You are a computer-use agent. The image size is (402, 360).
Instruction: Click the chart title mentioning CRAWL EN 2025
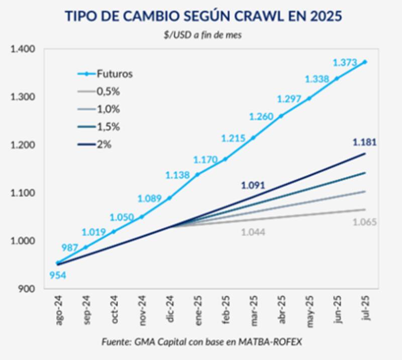click(204, 16)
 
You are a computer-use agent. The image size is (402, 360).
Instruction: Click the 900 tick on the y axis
click(27, 289)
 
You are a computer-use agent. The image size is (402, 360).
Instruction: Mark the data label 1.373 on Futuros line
click(345, 63)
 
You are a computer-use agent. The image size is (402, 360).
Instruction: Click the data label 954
click(57, 275)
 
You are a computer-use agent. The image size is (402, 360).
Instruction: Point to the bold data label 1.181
click(364, 143)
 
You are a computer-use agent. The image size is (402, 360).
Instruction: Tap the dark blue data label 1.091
click(254, 185)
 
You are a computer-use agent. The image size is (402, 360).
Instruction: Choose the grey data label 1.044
click(254, 232)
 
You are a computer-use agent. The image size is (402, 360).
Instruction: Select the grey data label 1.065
click(364, 222)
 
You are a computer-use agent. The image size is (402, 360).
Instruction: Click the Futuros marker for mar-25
click(253, 138)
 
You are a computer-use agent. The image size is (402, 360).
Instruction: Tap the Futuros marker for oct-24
click(114, 231)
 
